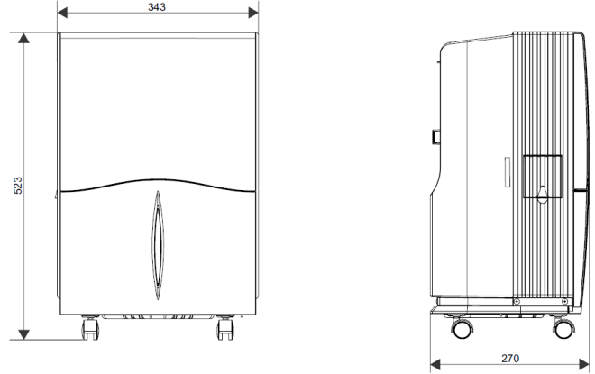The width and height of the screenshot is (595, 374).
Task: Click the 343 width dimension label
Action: coord(157,7)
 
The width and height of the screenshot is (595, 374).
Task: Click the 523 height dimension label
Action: coord(18,186)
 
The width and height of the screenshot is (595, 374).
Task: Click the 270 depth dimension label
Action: coord(510,358)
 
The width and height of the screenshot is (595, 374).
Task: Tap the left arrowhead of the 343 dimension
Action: coord(62,13)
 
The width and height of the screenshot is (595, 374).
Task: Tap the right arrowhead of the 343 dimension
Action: coord(253,13)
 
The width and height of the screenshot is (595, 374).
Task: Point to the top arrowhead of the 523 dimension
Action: coord(23,38)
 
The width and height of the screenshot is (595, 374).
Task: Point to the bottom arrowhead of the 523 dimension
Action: coord(23,334)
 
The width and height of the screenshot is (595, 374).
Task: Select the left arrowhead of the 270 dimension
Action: coord(435,364)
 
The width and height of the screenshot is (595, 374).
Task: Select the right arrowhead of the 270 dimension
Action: coord(584,364)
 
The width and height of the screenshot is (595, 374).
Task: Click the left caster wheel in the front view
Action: coord(90,327)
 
